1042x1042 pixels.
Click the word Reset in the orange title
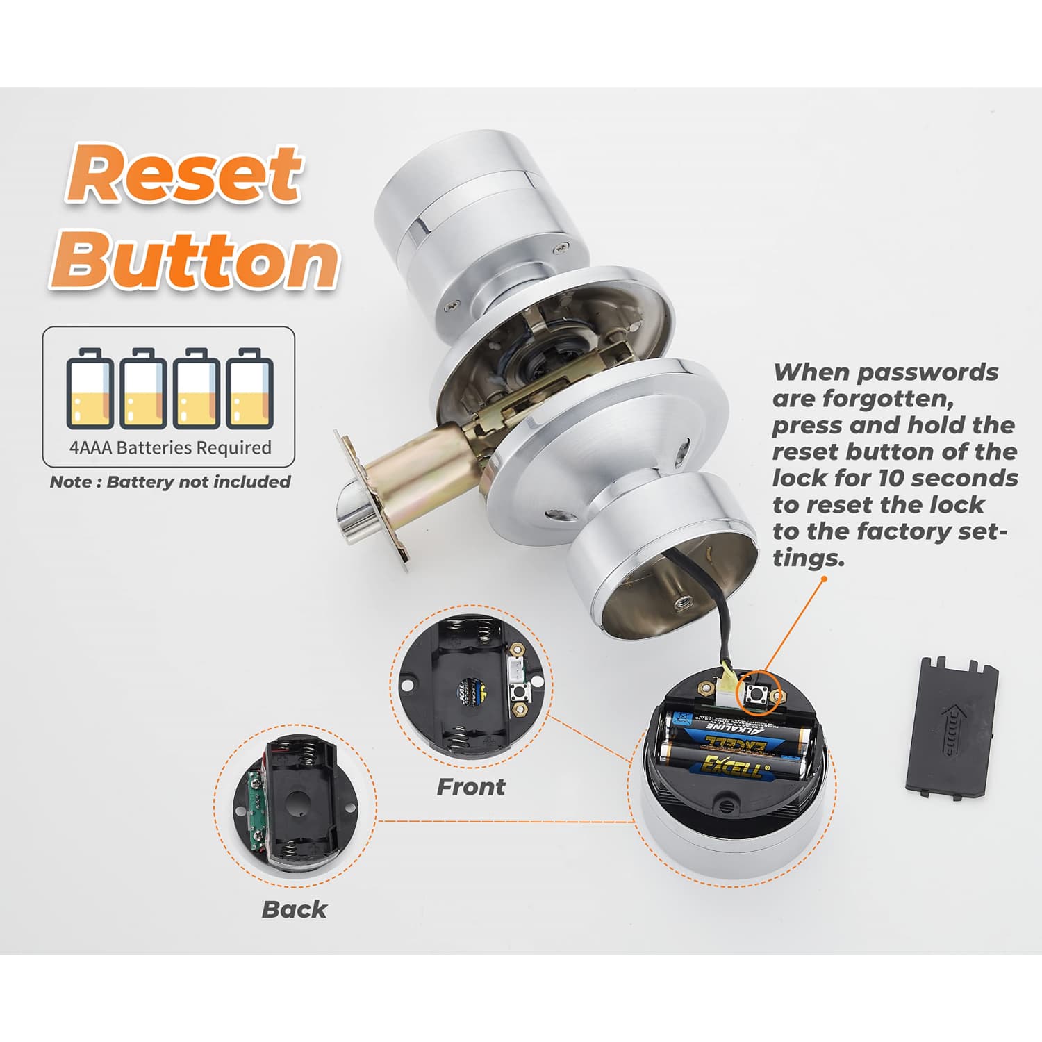(184, 174)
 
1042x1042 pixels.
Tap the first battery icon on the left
(90, 388)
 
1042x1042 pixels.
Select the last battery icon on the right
(250, 388)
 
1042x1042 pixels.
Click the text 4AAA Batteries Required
(170, 447)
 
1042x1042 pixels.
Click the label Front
(470, 787)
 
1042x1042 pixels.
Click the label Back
(294, 909)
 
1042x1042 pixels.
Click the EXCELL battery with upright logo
(733, 765)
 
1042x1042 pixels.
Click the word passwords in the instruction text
(927, 372)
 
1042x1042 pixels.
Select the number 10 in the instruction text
(891, 478)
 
